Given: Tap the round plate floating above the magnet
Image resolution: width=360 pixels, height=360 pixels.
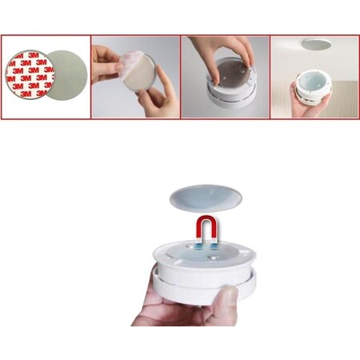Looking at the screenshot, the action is (x=206, y=198).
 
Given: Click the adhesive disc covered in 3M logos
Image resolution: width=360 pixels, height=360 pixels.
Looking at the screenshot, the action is (x=29, y=74).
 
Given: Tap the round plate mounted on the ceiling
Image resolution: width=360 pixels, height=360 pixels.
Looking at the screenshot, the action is (x=316, y=44).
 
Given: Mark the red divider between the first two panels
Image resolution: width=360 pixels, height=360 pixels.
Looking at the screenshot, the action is (x=91, y=77).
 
